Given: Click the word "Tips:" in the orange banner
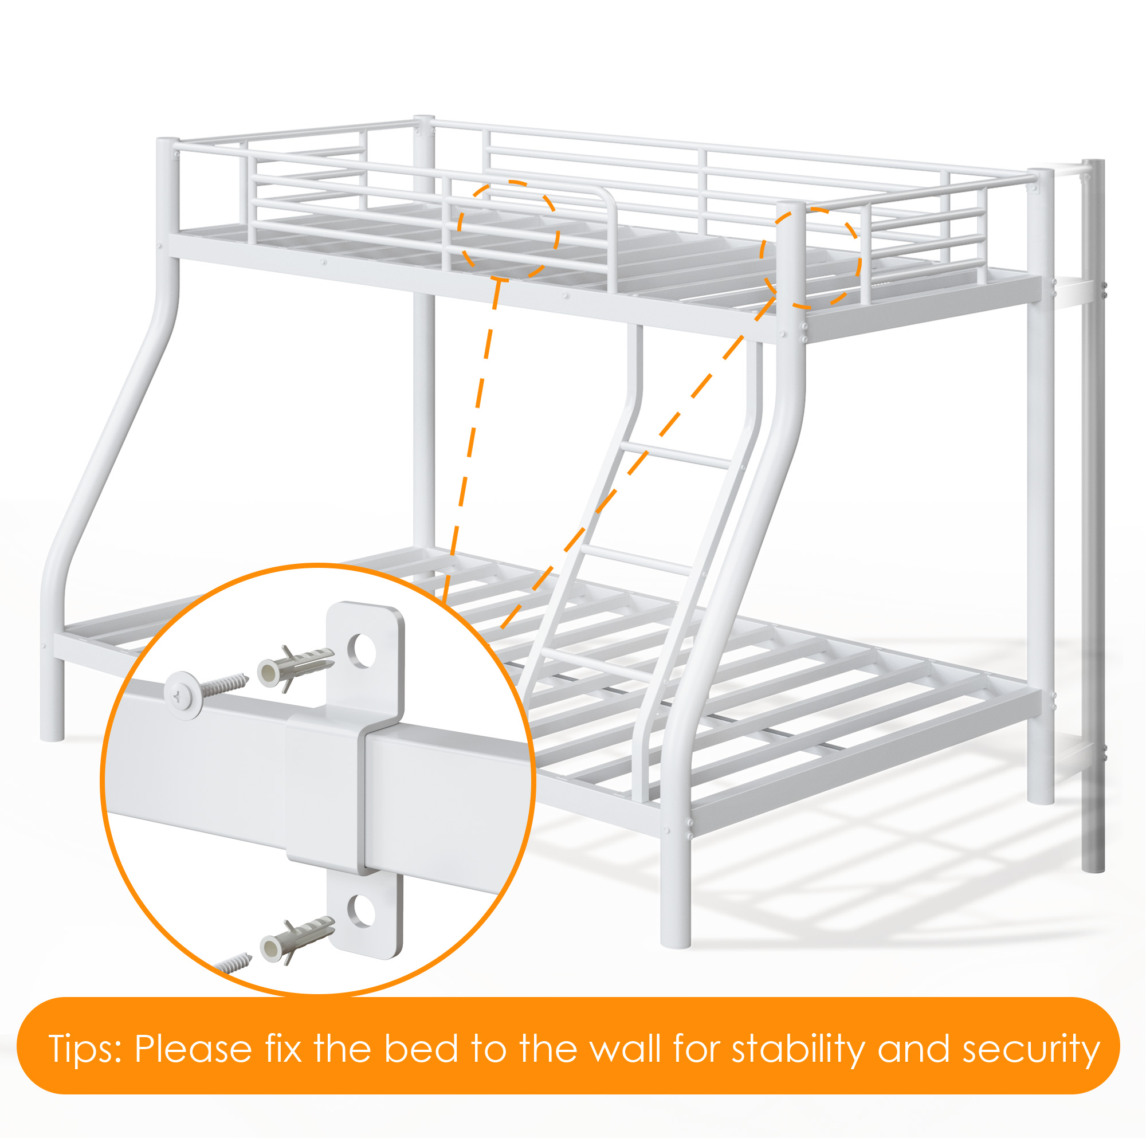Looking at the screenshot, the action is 85,1049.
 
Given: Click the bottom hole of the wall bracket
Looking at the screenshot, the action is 360,911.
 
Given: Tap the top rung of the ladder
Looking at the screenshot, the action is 677,454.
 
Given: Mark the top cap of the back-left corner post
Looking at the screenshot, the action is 424,119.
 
